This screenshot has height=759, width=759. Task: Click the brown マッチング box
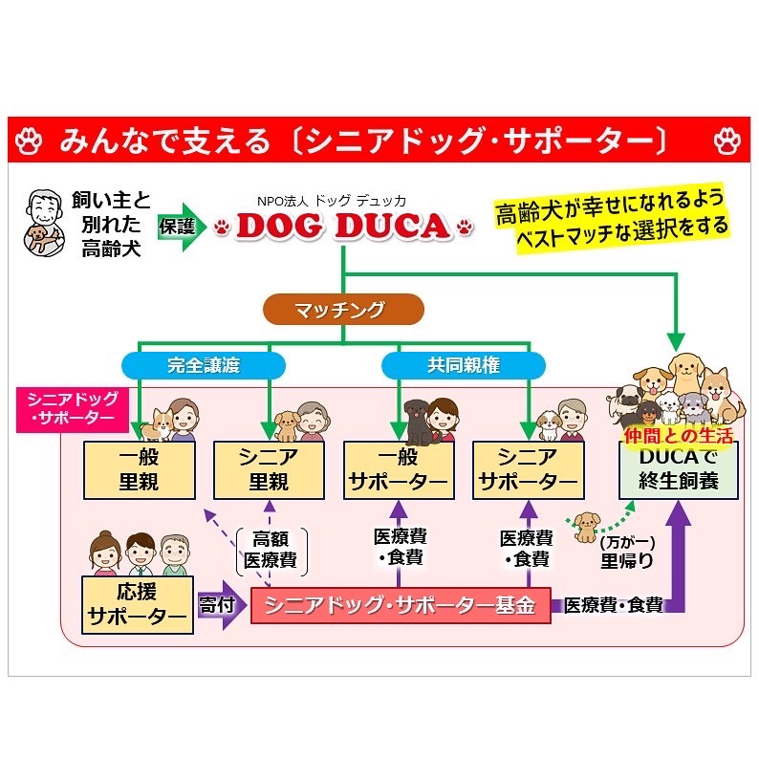(x=343, y=310)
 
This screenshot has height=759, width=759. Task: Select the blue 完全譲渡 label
(x=204, y=365)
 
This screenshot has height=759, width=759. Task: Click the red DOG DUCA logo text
(x=342, y=226)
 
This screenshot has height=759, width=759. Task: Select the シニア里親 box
(x=269, y=469)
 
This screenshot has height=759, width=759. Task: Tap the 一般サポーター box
(x=398, y=469)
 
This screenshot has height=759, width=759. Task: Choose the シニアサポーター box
(x=527, y=469)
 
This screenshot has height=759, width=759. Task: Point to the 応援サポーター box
(x=138, y=604)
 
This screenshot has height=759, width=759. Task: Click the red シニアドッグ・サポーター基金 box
(x=400, y=604)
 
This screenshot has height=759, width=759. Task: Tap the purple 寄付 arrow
(x=220, y=606)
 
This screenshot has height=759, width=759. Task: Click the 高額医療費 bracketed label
(x=269, y=549)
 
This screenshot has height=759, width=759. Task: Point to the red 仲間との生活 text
(x=678, y=436)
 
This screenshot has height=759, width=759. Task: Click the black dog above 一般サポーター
(x=416, y=421)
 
